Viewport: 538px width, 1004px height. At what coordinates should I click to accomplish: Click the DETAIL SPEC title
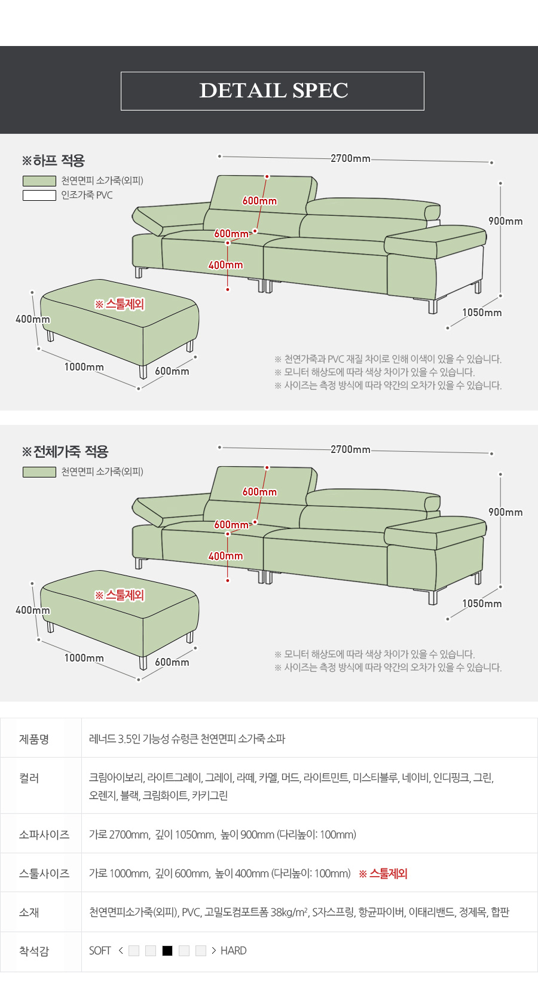[x=274, y=90]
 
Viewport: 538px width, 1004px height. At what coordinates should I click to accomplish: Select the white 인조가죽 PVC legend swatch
[x=39, y=195]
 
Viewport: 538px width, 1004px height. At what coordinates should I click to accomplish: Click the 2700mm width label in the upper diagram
[x=350, y=158]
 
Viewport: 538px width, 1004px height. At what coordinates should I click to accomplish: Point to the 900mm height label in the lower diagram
[x=505, y=512]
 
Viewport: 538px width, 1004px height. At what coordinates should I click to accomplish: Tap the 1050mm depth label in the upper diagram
[x=482, y=313]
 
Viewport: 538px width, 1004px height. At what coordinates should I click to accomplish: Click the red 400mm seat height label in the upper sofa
[x=225, y=265]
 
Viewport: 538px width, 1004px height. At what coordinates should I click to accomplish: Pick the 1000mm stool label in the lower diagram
[x=84, y=657]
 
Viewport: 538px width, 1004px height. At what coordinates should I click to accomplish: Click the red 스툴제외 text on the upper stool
[x=120, y=304]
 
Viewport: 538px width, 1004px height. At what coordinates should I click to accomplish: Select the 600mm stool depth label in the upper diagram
[x=172, y=371]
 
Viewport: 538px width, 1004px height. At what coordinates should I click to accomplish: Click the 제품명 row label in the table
[x=34, y=739]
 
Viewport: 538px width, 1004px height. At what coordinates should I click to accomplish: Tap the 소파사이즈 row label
[x=44, y=834]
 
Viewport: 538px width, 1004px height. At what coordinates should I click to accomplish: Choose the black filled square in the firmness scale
[x=167, y=951]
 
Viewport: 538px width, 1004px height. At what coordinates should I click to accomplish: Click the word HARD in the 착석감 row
[x=234, y=951]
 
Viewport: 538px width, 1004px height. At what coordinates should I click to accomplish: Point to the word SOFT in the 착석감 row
[x=100, y=951]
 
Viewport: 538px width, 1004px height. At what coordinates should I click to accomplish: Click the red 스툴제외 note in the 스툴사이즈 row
[x=383, y=874]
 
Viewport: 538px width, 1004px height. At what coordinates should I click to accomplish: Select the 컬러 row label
[x=29, y=778]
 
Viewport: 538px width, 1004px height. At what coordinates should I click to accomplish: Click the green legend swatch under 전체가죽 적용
[x=39, y=472]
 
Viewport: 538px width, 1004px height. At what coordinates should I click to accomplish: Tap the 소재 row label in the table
[x=29, y=912]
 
